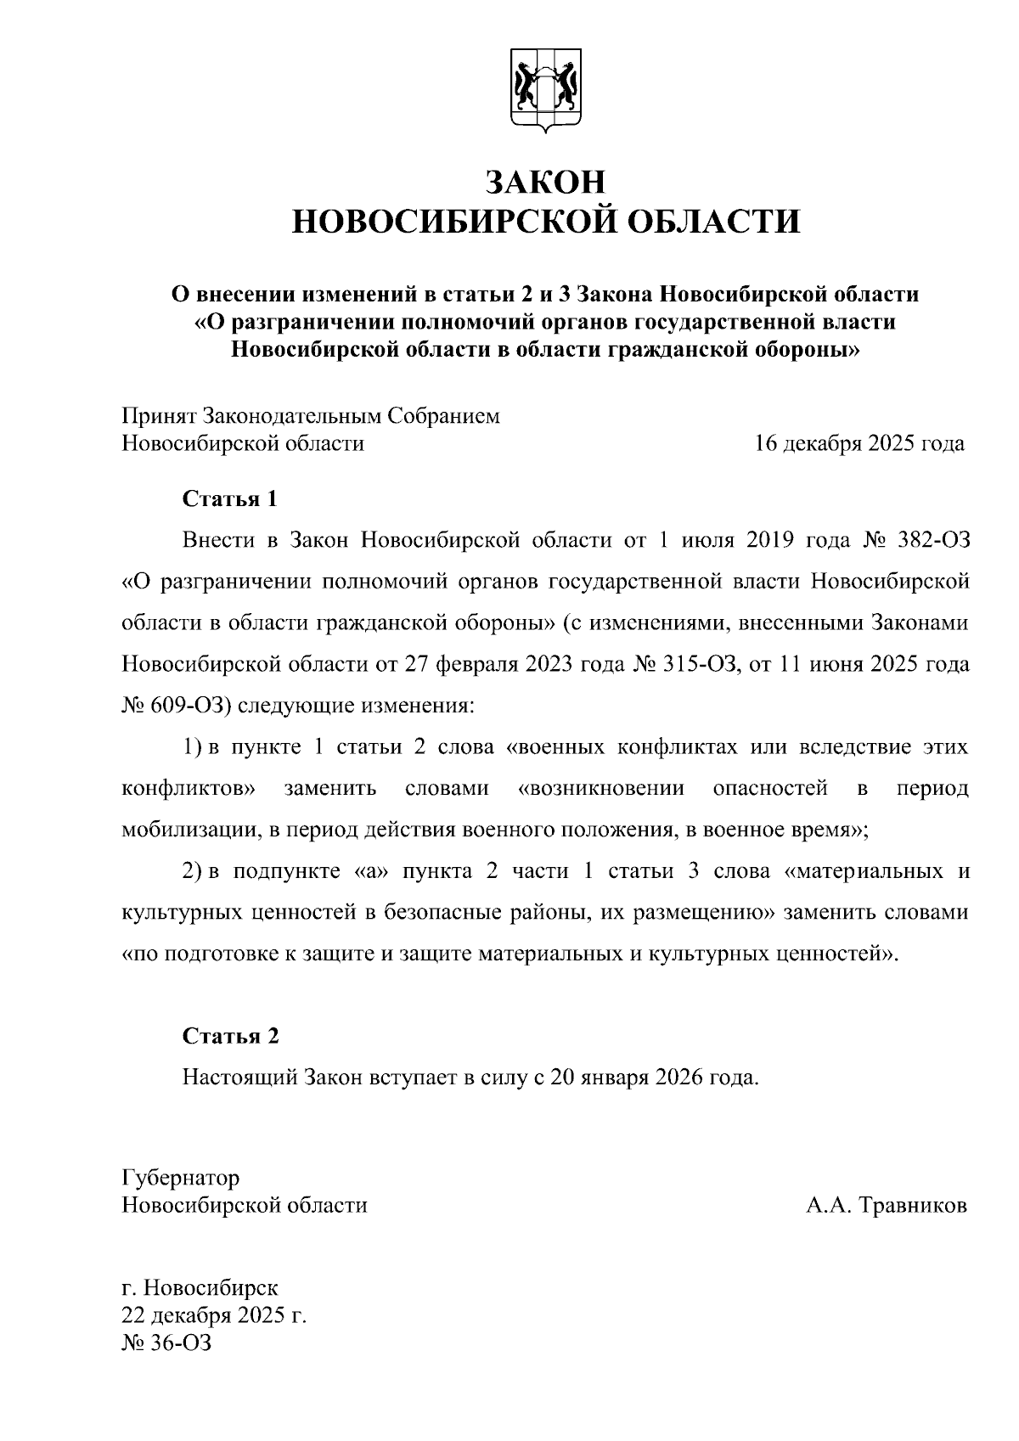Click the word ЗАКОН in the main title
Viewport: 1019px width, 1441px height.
pyautogui.click(x=546, y=182)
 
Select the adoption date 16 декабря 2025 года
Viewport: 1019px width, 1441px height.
pyautogui.click(x=859, y=444)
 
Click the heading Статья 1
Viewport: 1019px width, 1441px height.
pyautogui.click(x=230, y=498)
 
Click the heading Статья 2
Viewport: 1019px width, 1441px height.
pyautogui.click(x=230, y=1036)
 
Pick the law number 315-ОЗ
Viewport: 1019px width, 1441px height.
pyautogui.click(x=695, y=664)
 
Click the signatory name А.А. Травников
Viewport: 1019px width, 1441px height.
pyautogui.click(x=887, y=1206)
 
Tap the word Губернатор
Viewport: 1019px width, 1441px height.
pyautogui.click(x=181, y=1179)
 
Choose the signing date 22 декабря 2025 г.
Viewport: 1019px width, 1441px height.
pyautogui.click(x=214, y=1316)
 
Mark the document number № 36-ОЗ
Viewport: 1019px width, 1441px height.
pyautogui.click(x=166, y=1343)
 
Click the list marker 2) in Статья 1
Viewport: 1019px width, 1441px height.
pyautogui.click(x=192, y=871)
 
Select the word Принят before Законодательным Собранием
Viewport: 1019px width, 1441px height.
pyautogui.click(x=159, y=417)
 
